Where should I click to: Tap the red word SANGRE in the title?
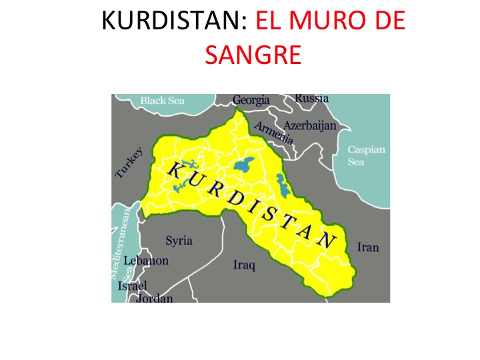253,55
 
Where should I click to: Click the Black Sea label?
162,101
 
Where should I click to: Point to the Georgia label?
251,101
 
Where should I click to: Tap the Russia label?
311,98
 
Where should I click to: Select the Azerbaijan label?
310,125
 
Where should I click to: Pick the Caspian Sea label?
366,155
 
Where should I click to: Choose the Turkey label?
129,162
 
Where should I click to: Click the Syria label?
179,240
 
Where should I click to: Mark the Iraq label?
244,265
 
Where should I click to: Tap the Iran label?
367,247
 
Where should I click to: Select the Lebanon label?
146,261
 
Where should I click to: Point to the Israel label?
131,286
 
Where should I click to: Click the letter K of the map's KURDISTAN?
174,169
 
